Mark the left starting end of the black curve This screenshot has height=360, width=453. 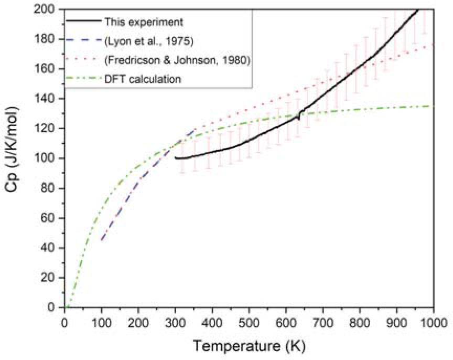pos(176,158)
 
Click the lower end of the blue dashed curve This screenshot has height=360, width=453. pos(101,240)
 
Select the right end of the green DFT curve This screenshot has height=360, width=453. pos(434,106)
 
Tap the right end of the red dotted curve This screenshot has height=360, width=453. pos(434,45)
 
